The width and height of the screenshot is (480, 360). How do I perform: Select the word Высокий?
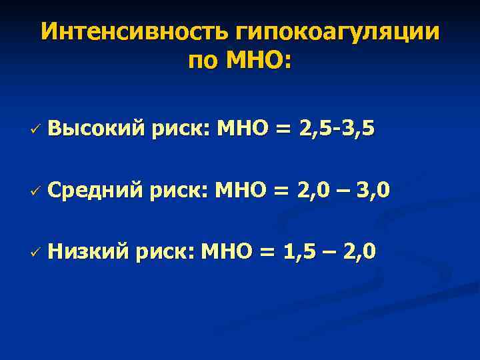click(x=97, y=127)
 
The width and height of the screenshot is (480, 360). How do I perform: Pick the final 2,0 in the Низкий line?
click(x=359, y=251)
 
